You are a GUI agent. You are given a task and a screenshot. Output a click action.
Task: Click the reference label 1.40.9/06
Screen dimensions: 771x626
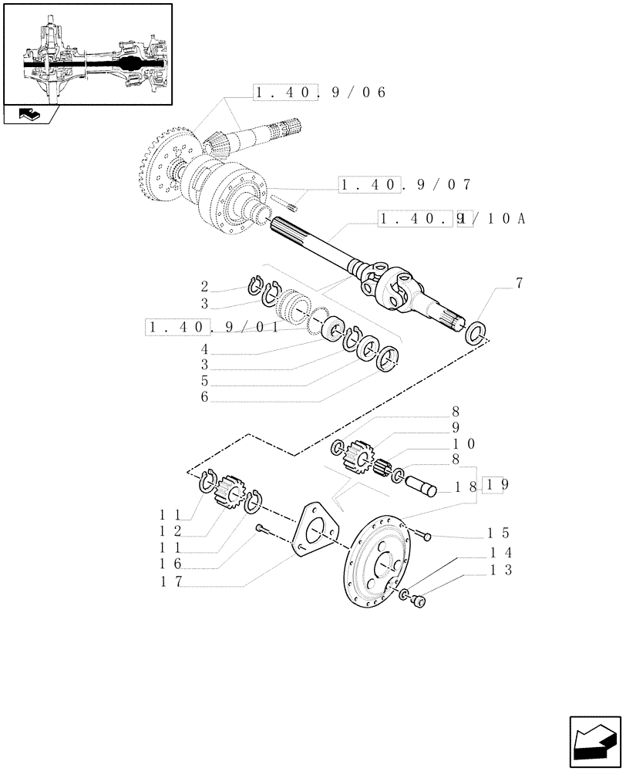(318, 93)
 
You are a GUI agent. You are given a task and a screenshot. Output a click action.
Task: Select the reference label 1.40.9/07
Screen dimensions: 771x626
(404, 185)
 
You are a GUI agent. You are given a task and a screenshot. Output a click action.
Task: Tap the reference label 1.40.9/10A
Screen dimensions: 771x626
(452, 219)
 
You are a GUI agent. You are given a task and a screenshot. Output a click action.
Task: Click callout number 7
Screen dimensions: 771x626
(519, 283)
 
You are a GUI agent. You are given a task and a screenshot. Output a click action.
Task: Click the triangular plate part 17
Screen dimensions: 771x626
(314, 529)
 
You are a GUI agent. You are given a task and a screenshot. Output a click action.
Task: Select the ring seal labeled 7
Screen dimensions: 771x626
(476, 332)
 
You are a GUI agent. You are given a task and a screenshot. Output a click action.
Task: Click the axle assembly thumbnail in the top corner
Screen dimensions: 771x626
(87, 53)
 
